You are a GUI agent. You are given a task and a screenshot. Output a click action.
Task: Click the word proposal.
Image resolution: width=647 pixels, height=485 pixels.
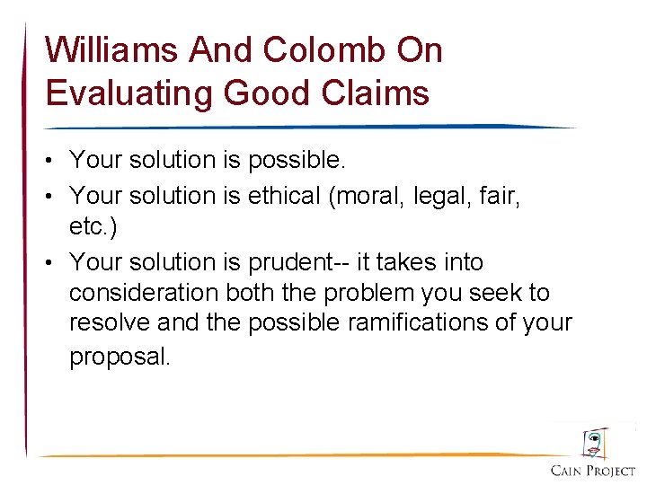(120, 357)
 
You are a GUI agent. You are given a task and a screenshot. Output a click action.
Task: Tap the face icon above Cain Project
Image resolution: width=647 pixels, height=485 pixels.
(593, 443)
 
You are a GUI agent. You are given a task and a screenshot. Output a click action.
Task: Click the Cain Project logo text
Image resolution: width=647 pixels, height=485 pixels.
(592, 472)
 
